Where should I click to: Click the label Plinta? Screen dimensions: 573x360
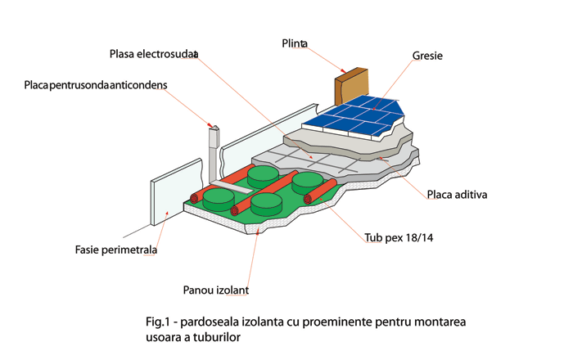point(295,43)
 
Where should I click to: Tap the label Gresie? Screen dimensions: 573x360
point(427,56)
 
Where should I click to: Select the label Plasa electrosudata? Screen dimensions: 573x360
point(154,54)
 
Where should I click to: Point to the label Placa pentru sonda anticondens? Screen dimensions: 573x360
point(96,85)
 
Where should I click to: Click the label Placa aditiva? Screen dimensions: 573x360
point(457,195)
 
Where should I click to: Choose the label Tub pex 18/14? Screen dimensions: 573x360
point(399,238)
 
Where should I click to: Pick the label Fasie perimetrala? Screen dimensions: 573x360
point(116,250)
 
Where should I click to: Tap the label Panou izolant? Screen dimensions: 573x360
point(215,290)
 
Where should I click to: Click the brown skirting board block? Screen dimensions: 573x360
point(351,86)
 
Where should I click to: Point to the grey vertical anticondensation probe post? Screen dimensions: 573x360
point(214,153)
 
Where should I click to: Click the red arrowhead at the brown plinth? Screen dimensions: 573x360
point(343,70)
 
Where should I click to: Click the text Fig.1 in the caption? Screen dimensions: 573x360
point(158,322)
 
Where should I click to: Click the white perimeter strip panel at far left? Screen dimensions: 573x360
point(177,192)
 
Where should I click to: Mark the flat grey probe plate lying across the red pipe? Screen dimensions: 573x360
point(232,187)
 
